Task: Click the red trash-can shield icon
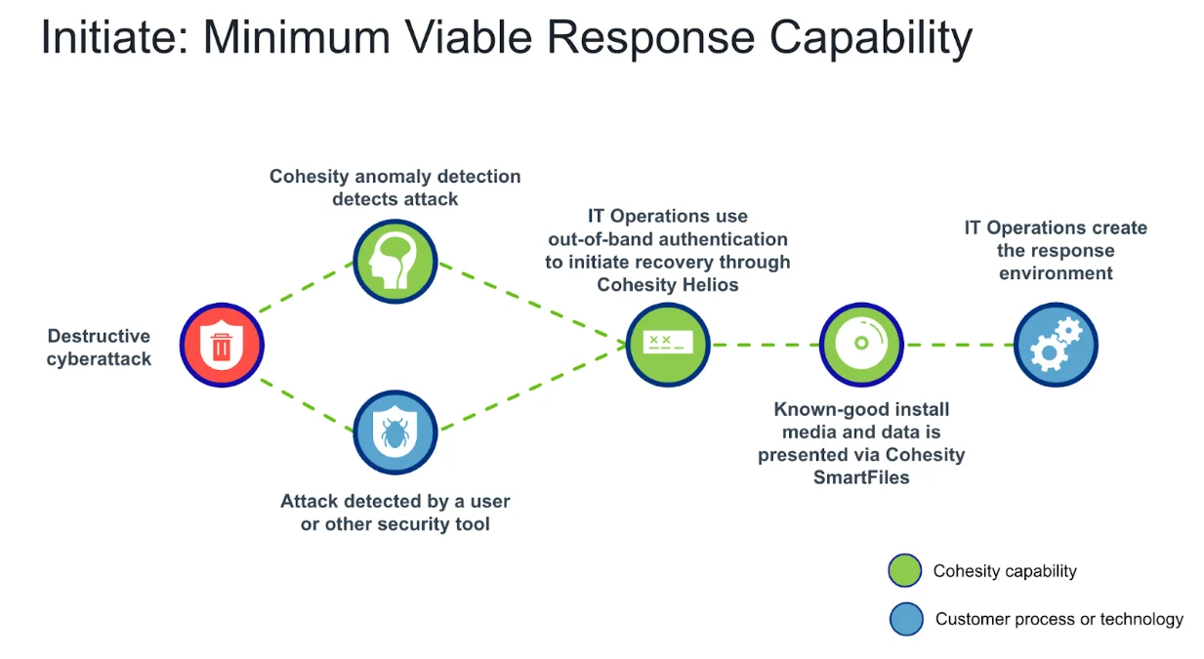[222, 345]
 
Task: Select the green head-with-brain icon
[394, 262]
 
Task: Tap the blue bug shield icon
[394, 432]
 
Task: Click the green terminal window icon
[668, 344]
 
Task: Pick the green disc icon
[861, 344]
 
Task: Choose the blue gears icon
[1056, 345]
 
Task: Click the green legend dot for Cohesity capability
[905, 571]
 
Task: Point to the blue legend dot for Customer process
[906, 619]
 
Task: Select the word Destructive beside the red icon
[99, 336]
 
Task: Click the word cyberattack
[99, 358]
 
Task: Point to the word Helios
[708, 284]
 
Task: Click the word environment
[1056, 273]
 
